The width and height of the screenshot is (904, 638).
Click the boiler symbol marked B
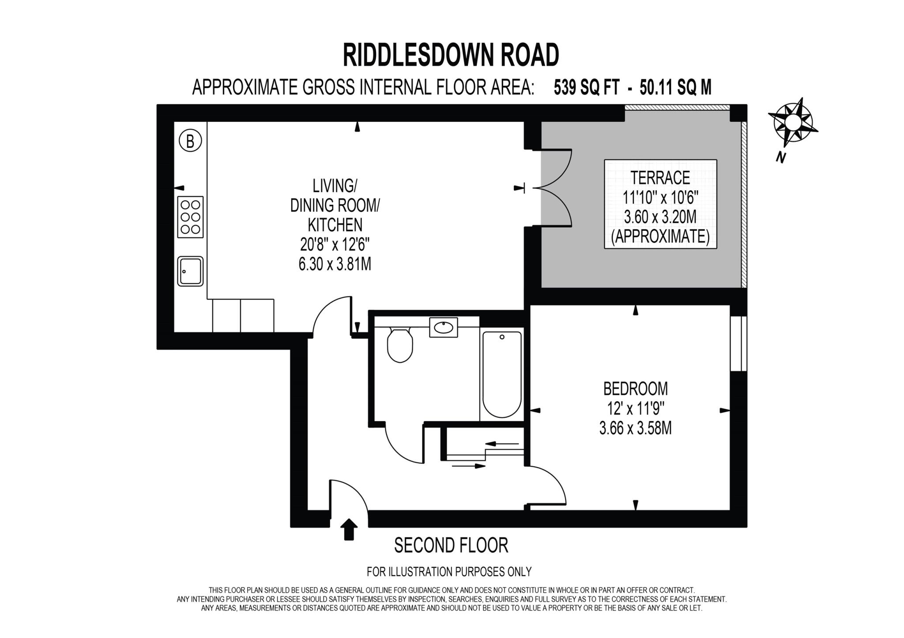[x=190, y=141]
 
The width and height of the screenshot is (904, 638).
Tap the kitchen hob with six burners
[x=190, y=217]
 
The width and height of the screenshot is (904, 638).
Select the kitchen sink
[x=190, y=271]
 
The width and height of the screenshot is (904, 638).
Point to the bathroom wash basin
[x=443, y=327]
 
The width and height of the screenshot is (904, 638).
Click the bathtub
[x=502, y=375]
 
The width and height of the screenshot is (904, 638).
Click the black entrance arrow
[x=349, y=529]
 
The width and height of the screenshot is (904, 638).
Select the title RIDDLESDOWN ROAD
[x=451, y=56]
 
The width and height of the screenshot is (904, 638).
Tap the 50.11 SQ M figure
[x=675, y=87]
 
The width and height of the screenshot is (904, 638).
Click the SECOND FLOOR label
[x=451, y=545]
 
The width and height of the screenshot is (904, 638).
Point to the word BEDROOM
[x=635, y=389]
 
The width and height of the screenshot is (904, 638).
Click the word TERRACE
[x=660, y=177]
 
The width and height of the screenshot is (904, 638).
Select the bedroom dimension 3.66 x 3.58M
[x=635, y=428]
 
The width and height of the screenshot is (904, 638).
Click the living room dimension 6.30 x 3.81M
[x=335, y=264]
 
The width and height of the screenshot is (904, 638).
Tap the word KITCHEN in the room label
[x=335, y=225]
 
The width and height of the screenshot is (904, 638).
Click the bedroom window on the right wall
[x=738, y=344]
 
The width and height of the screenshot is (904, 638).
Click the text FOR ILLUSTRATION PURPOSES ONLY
[x=449, y=572]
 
